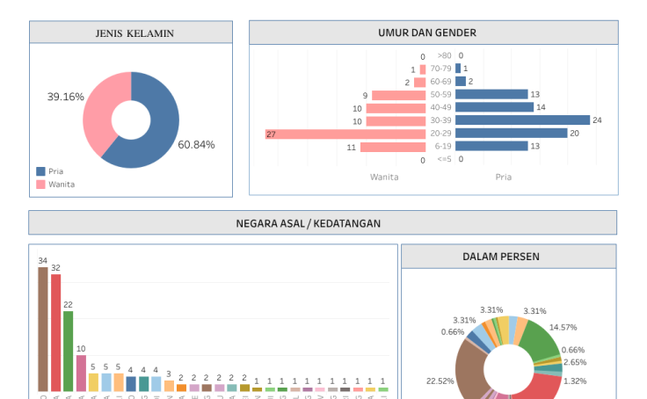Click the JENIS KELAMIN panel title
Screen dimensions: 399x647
[x=134, y=33]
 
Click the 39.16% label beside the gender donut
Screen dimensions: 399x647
[x=66, y=97]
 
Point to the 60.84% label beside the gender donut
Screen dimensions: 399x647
[x=196, y=145]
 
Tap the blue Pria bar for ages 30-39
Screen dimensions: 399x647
[x=522, y=120]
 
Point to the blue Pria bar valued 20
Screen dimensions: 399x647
[x=511, y=134]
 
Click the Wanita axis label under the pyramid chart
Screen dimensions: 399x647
[x=384, y=177]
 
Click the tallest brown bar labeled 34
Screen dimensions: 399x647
[x=43, y=330]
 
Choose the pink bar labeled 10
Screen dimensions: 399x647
[x=81, y=373]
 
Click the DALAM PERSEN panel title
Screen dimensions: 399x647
[x=501, y=257]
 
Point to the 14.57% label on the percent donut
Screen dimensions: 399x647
[x=563, y=327]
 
